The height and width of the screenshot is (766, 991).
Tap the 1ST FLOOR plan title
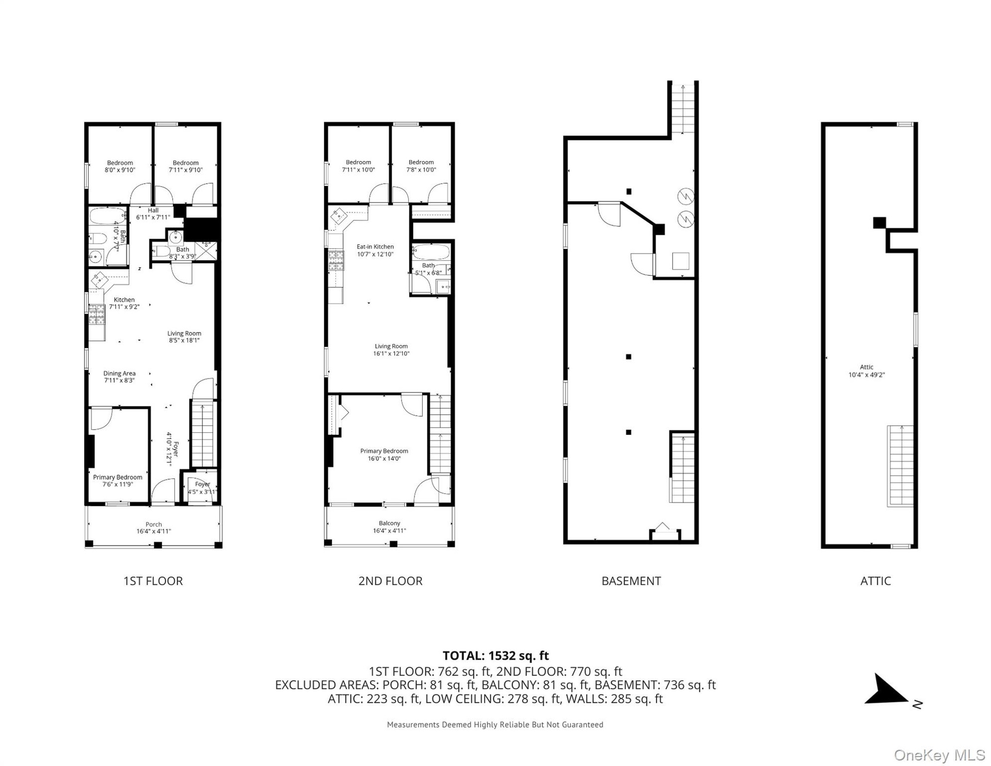(153, 581)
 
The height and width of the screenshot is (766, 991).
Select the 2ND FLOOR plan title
(390, 581)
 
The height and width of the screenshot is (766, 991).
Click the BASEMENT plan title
(631, 581)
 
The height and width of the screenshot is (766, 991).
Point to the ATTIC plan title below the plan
(875, 581)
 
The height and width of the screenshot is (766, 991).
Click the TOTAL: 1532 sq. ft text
(495, 655)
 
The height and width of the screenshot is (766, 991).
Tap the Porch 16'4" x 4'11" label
(153, 527)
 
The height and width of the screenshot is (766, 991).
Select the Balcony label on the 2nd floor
(389, 523)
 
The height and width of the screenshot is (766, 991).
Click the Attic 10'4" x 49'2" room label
(867, 371)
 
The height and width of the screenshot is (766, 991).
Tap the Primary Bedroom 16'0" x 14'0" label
(384, 455)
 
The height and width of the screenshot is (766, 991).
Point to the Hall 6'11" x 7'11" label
(153, 214)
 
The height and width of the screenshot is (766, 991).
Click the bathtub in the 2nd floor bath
(431, 253)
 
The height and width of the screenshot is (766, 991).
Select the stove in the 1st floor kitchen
(97, 315)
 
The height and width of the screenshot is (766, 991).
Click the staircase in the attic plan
(900, 465)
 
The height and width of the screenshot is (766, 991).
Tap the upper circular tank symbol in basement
(685, 197)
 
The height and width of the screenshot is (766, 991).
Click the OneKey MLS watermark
(939, 755)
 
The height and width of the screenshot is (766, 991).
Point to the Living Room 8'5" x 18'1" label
(184, 337)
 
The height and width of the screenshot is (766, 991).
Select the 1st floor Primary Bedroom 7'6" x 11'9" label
(118, 480)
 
